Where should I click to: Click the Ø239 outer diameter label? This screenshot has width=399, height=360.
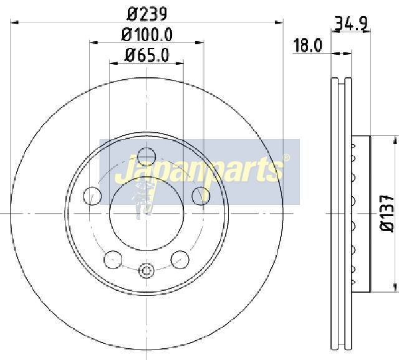(x=147, y=14)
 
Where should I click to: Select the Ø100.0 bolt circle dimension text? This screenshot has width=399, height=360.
(x=147, y=34)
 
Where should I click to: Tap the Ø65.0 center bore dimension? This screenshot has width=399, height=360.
(x=147, y=55)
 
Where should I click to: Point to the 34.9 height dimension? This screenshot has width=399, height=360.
(x=352, y=24)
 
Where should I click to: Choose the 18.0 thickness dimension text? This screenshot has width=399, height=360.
(x=307, y=45)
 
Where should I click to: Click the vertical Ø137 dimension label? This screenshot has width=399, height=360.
(x=387, y=214)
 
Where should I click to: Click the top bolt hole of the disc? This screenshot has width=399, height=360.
(x=147, y=156)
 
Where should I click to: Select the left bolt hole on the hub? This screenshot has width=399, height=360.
(x=92, y=196)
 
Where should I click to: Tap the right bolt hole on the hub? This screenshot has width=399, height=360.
(x=201, y=196)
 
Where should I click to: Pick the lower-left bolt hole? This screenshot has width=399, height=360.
(x=113, y=260)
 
